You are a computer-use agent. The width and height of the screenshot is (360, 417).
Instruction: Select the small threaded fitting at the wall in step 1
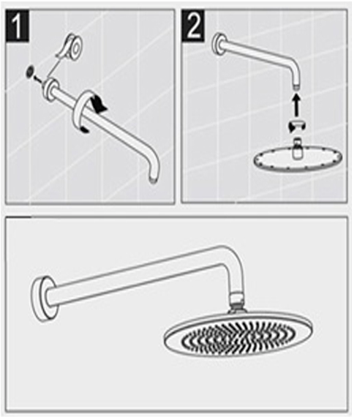(x=29, y=72)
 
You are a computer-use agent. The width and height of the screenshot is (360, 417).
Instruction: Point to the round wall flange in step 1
(x=51, y=89)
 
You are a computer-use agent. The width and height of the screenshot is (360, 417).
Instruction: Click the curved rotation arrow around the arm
(x=89, y=110)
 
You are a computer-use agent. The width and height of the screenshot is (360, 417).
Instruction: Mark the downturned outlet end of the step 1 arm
(x=152, y=176)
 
